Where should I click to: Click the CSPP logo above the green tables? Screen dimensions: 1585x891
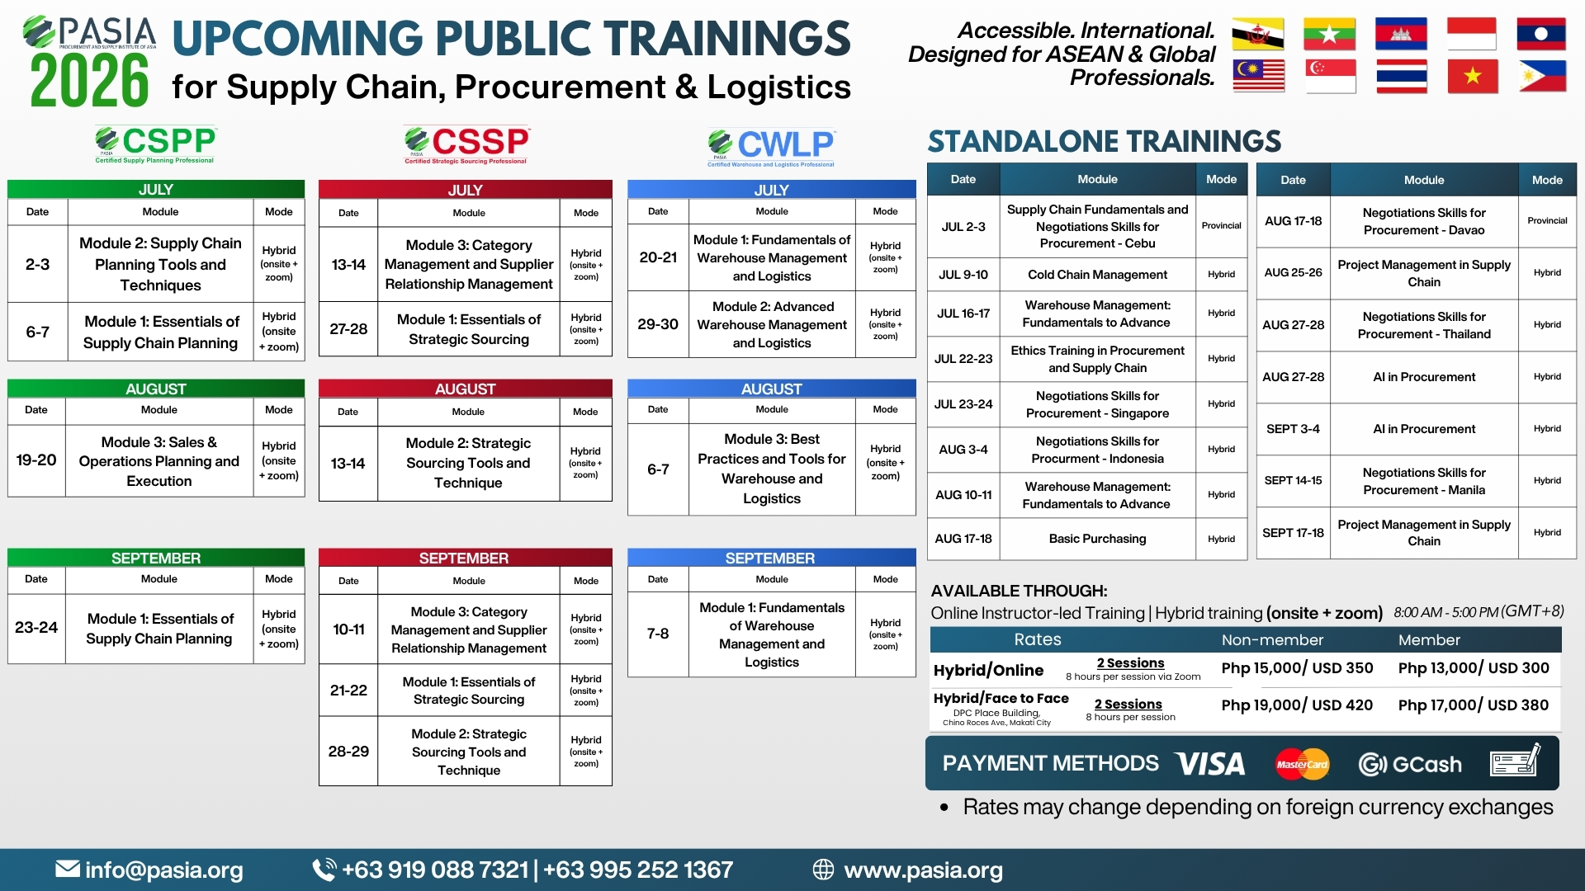(155, 144)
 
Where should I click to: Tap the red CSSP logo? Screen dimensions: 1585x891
(466, 144)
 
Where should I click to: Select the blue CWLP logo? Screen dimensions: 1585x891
(771, 148)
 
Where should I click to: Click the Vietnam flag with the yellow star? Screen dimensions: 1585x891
(1472, 77)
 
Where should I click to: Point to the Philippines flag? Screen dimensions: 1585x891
(1541, 77)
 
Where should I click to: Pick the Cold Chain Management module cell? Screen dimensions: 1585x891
(1097, 275)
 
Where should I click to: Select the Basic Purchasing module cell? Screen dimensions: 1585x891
(1097, 539)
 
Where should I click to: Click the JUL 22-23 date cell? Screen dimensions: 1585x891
(963, 359)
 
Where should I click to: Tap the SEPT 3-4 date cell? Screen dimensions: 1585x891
(1293, 429)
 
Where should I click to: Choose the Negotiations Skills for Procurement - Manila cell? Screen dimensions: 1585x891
(1424, 481)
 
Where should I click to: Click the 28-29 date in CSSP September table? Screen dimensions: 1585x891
(348, 752)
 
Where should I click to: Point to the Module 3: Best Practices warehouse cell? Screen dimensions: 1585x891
(772, 469)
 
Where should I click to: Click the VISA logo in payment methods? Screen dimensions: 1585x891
(1210, 764)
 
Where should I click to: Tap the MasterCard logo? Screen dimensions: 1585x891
(1302, 764)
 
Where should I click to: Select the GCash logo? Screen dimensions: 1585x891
(1410, 765)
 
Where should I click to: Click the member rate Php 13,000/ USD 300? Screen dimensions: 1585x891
(1474, 668)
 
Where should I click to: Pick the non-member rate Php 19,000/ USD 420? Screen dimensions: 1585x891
(1297, 705)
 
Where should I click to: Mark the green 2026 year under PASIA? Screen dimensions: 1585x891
(89, 81)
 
